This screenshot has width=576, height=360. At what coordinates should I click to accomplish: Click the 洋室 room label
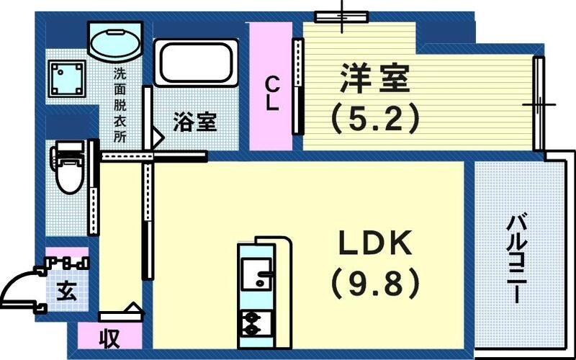tap(374, 78)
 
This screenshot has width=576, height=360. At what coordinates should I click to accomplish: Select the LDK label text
tap(375, 246)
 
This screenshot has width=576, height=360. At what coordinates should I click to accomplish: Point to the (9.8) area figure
tap(375, 284)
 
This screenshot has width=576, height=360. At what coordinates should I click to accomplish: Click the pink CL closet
tap(271, 86)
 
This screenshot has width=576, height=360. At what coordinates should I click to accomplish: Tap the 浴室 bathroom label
tap(194, 122)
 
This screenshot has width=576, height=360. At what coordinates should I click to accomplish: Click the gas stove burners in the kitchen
tap(253, 323)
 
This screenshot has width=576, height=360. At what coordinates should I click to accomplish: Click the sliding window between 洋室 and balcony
tap(538, 104)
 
